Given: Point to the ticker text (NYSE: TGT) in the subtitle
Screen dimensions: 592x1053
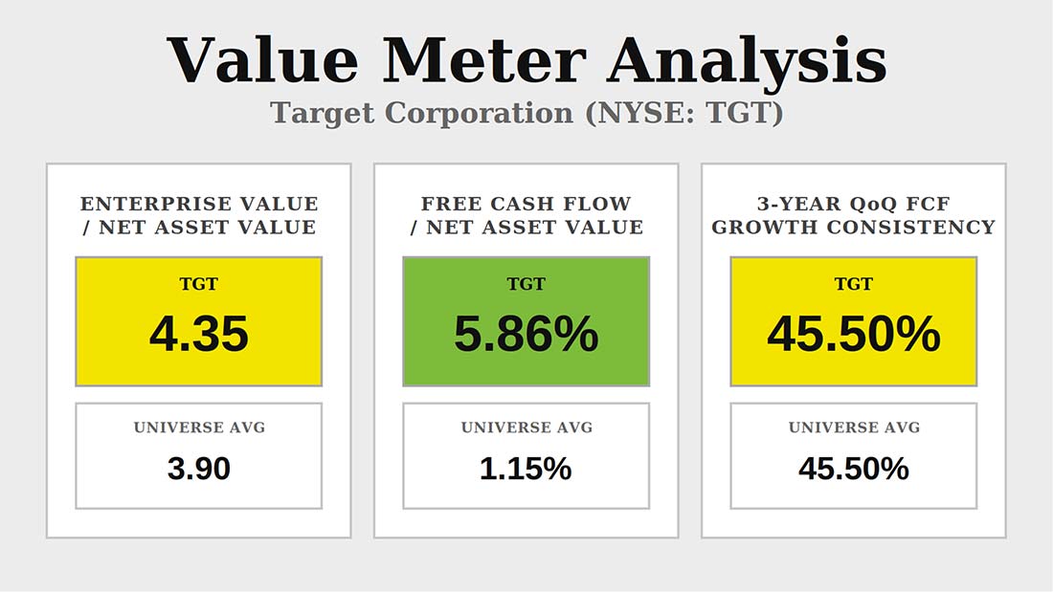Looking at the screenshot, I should [x=684, y=113].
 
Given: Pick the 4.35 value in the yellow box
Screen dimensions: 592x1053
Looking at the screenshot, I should [x=199, y=334].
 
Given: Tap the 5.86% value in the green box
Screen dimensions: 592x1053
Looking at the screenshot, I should [x=526, y=334].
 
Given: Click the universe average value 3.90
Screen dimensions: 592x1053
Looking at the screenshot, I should [x=199, y=469].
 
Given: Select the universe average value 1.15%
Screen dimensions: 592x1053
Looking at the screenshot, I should [x=526, y=469].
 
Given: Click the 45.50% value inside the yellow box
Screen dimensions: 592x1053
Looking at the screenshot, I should [x=854, y=334].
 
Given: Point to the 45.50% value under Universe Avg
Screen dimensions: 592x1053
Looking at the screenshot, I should [x=854, y=469].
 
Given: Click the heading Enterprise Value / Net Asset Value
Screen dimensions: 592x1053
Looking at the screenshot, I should [x=199, y=215].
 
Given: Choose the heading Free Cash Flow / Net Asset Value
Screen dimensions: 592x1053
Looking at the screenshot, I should [x=526, y=215].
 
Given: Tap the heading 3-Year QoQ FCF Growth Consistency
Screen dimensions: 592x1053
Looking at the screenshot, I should [x=854, y=215].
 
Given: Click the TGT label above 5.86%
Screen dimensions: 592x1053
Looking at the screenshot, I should [x=526, y=284].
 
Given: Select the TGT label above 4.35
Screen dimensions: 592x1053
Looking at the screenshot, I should [x=199, y=284].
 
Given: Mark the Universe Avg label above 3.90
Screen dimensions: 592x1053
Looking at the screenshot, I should [x=199, y=428].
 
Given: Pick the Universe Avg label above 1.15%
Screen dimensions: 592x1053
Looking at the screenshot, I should [x=526, y=428].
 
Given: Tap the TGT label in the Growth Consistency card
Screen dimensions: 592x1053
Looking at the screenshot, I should [x=854, y=284].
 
